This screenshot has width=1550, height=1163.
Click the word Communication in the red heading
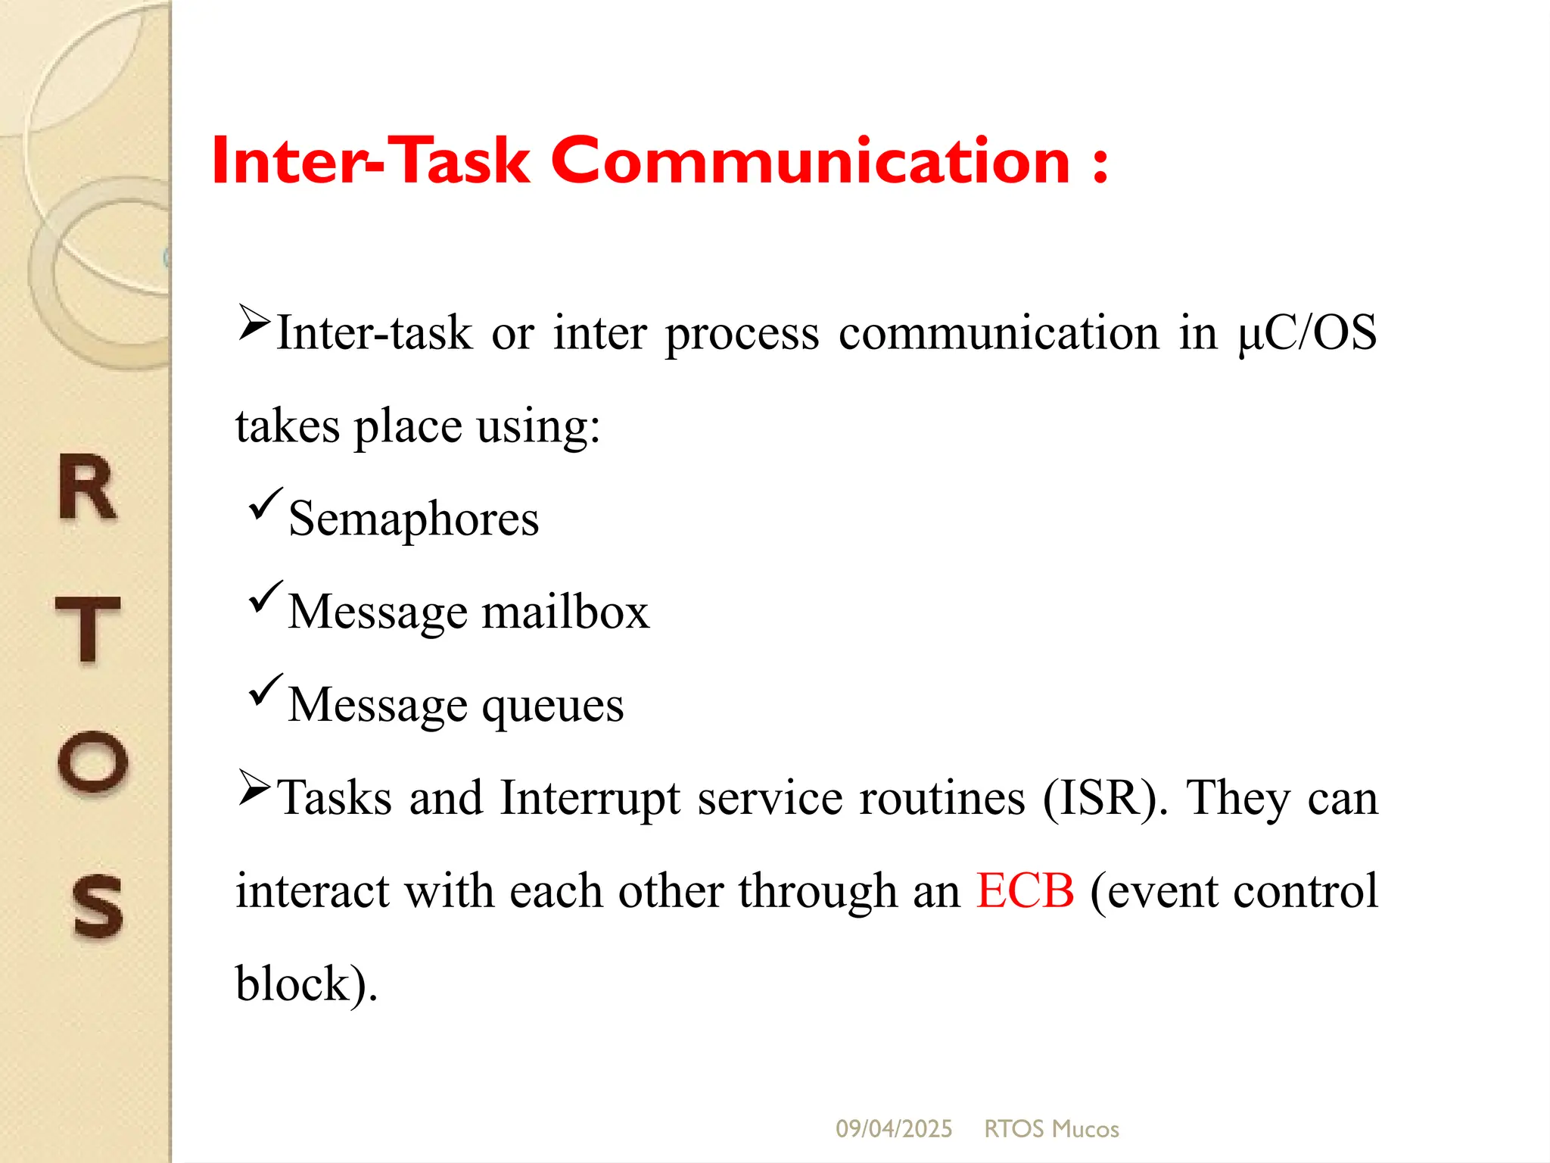810,161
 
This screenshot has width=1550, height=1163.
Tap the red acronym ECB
1025,890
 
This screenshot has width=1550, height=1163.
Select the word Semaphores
413,519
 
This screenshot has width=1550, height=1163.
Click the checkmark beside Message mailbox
265,597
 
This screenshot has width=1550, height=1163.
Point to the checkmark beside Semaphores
265,504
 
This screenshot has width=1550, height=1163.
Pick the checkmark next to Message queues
265,690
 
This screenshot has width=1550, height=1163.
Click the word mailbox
565,612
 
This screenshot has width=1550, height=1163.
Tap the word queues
552,706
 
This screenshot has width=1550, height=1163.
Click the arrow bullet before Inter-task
254,323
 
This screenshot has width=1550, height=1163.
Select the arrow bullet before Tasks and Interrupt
254,787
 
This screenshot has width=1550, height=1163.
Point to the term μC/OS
1307,333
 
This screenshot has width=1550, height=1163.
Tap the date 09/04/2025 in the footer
894,1129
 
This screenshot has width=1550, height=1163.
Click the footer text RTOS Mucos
1051,1129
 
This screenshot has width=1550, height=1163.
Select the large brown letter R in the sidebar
88,488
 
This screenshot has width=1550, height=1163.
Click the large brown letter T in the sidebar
89,628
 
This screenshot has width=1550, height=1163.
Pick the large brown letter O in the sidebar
92,762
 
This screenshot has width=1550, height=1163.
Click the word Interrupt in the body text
590,798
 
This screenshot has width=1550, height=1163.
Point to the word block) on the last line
306,984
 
